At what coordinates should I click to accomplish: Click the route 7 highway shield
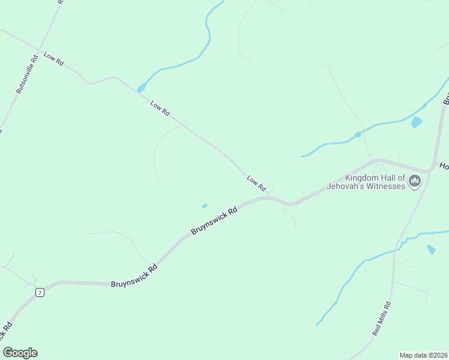[40, 292]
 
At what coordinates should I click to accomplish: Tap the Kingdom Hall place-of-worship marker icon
[415, 181]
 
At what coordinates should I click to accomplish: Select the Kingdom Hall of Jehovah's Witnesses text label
[366, 182]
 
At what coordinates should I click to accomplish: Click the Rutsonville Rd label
[27, 74]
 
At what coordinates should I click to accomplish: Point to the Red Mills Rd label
[382, 319]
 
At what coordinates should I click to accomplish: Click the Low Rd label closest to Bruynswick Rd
[256, 183]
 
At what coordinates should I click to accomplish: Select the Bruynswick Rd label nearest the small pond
[214, 220]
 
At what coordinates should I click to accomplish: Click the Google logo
[20, 353]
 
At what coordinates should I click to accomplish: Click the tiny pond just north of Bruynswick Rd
[205, 206]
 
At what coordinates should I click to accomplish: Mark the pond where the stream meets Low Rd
[142, 88]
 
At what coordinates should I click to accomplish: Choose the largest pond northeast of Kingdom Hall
[416, 122]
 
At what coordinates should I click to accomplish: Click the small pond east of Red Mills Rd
[431, 249]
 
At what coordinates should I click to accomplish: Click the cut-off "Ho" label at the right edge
[444, 166]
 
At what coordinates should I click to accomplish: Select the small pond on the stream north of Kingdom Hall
[357, 134]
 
